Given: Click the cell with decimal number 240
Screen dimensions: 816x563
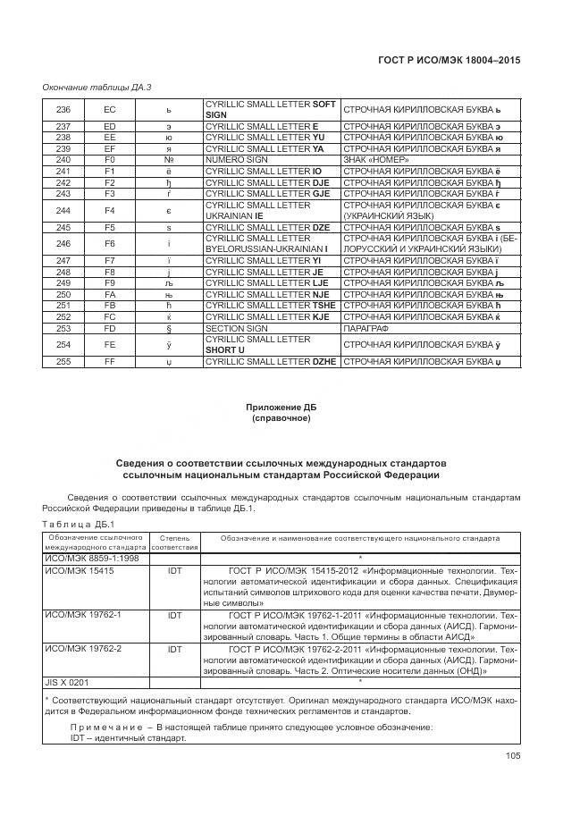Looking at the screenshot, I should [63, 159].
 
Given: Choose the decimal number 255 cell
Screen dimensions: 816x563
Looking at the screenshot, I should [63, 361].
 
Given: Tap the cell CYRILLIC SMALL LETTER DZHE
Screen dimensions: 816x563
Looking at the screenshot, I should [272, 361].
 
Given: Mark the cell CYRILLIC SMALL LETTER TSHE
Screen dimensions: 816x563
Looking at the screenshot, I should [272, 306].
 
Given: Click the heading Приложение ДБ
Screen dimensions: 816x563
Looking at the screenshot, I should [281, 408].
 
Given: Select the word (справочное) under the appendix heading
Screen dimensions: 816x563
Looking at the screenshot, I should [281, 418].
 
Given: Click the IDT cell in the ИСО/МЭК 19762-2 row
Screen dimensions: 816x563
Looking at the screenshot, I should [174, 649].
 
